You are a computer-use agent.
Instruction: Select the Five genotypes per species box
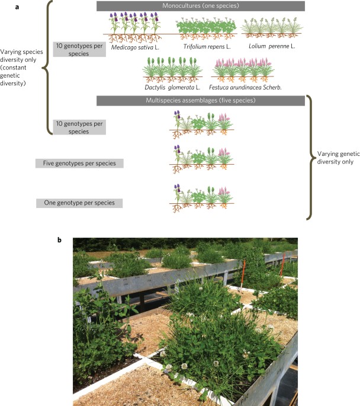coord(79,163)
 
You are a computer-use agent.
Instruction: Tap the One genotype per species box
coord(79,203)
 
